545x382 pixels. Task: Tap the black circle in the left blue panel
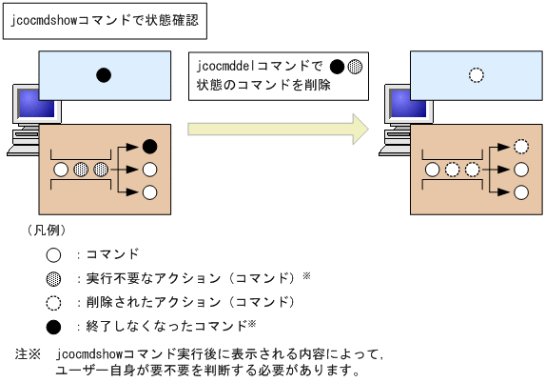pyautogui.click(x=104, y=74)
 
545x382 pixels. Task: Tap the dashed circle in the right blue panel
pyautogui.click(x=476, y=74)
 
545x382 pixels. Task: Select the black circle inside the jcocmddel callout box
pyautogui.click(x=335, y=67)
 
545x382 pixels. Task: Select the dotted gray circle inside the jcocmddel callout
pyautogui.click(x=354, y=67)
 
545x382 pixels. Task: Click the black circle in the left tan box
pyautogui.click(x=148, y=147)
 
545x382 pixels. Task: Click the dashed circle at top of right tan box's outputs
pyautogui.click(x=520, y=147)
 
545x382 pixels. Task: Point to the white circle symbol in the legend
pyautogui.click(x=54, y=254)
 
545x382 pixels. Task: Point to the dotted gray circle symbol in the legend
pyautogui.click(x=54, y=278)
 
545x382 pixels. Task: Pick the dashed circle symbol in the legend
pyautogui.click(x=54, y=302)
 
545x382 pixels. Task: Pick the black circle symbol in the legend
pyautogui.click(x=54, y=327)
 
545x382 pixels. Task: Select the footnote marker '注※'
pyautogui.click(x=28, y=353)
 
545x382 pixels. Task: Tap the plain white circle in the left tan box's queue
pyautogui.click(x=62, y=170)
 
